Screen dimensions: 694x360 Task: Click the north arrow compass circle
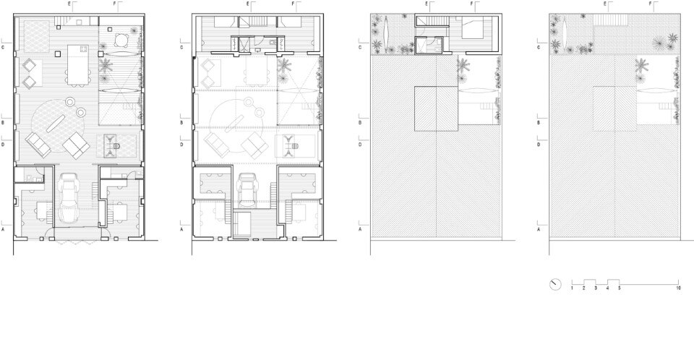pos(555,284)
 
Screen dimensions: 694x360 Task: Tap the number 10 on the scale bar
pos(679,288)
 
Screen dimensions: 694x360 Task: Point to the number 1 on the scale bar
pos(572,288)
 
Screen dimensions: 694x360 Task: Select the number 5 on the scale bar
pos(620,288)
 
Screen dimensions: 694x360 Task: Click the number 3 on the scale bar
pos(596,288)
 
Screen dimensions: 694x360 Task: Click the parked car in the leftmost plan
pos(68,197)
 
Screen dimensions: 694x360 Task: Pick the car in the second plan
pos(247,189)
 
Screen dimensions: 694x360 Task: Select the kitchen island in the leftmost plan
pos(77,61)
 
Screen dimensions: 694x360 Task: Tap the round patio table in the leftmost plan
pos(121,40)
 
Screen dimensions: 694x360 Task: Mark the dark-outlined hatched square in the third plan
pos(436,109)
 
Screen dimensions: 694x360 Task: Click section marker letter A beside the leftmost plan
pos(3,229)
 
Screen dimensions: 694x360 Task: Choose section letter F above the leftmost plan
pos(114,4)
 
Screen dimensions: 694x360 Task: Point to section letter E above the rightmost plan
pos(605,4)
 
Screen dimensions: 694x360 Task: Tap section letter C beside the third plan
pos(360,47)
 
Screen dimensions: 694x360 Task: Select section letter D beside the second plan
pos(181,145)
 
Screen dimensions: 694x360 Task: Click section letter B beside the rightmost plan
pos(539,122)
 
